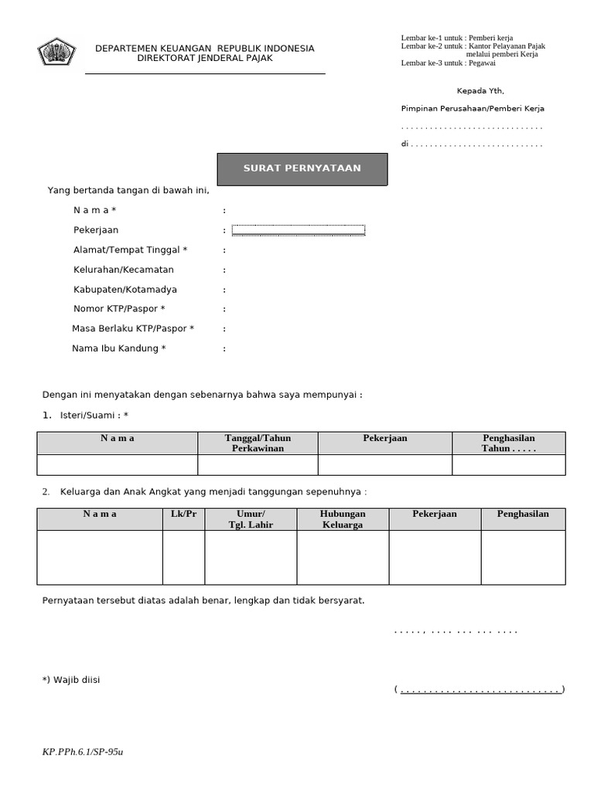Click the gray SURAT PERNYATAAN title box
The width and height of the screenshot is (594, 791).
302,168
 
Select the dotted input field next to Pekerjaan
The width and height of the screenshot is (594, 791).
298,229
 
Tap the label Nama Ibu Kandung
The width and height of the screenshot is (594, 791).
119,348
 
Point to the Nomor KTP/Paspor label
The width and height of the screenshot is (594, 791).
119,309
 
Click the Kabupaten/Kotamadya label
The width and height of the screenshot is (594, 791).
125,290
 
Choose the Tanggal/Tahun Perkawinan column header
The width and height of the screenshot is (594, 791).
258,443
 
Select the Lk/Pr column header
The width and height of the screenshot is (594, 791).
183,514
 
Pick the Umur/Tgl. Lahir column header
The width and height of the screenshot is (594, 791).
251,519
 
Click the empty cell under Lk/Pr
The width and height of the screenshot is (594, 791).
183,557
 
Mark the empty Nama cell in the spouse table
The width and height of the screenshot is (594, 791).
118,464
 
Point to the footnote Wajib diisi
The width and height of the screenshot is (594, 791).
71,680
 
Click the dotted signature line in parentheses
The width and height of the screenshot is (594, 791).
479,690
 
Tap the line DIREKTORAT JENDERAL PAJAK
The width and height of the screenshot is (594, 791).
204,58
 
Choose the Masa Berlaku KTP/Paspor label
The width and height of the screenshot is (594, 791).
133,328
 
